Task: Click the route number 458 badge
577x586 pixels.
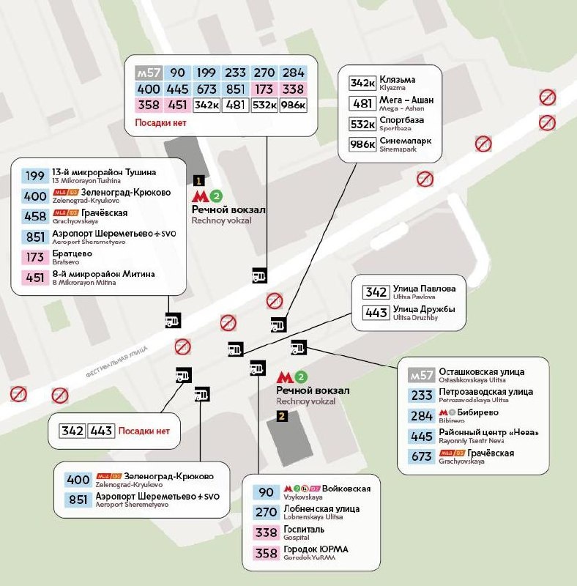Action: coord(34,216)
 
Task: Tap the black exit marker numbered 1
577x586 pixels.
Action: coord(198,179)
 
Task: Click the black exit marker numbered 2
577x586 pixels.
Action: coord(282,416)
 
